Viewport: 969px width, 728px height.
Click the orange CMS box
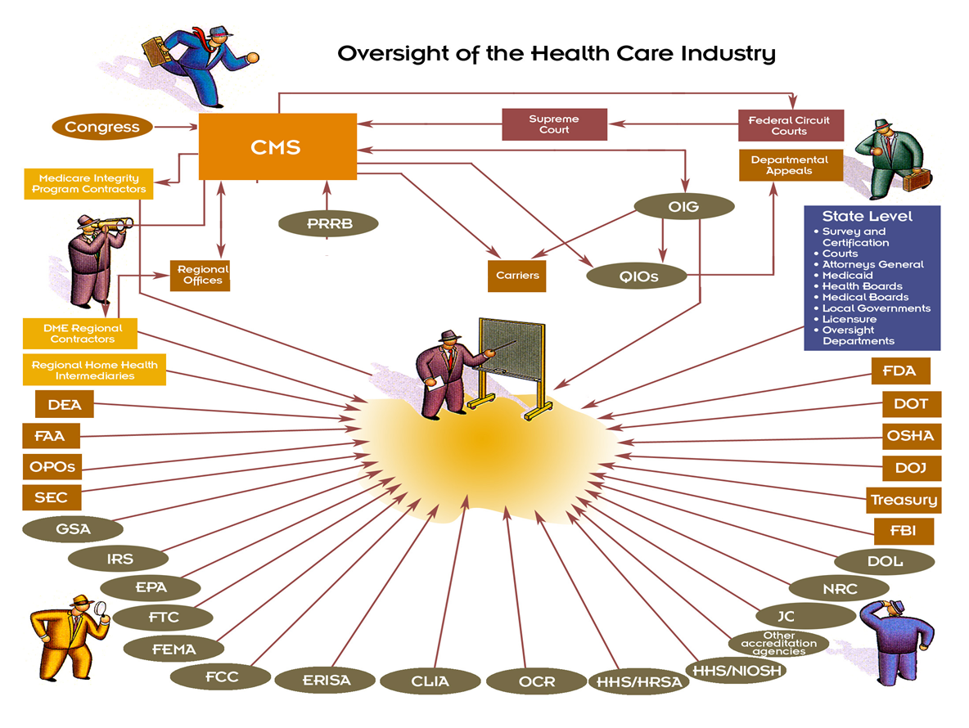(277, 147)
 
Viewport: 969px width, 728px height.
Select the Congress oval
(102, 127)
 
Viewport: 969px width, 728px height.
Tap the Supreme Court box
(554, 124)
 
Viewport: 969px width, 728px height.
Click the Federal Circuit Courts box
(789, 125)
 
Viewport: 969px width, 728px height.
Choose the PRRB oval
(328, 222)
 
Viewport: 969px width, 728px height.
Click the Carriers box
(517, 276)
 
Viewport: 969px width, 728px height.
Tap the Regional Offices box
(200, 275)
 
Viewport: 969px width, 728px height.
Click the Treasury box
(904, 500)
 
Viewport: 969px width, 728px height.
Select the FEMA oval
(174, 649)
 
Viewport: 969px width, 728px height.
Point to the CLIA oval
(430, 681)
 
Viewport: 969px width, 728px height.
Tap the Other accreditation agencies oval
(778, 644)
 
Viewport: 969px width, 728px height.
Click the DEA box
(64, 404)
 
